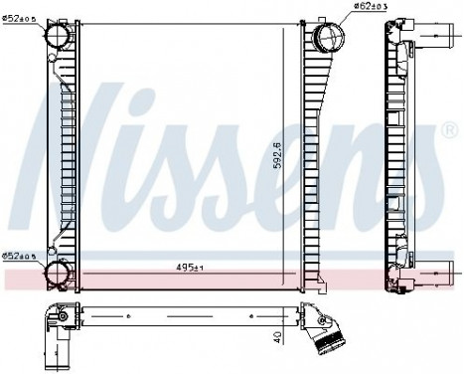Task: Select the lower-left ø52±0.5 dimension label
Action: click(x=21, y=256)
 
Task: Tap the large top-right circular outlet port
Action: click(x=328, y=40)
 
